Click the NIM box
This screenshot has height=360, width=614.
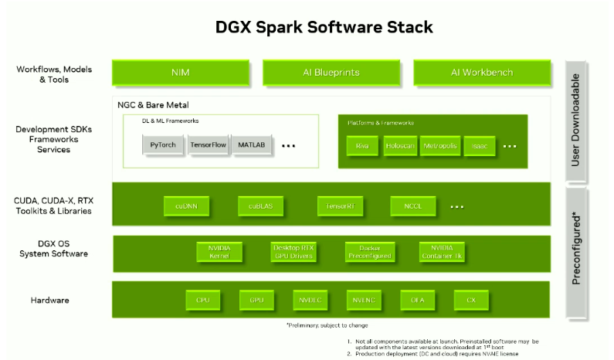[181, 73]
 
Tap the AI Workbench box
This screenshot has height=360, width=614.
[481, 73]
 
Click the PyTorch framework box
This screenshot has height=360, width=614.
[164, 144]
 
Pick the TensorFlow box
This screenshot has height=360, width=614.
[208, 144]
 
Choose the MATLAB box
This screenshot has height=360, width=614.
[252, 144]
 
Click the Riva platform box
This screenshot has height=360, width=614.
[361, 145]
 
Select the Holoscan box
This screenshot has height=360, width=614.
[400, 145]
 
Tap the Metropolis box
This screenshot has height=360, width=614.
[440, 145]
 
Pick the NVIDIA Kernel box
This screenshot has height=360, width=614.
[219, 252]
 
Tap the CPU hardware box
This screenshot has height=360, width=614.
[203, 300]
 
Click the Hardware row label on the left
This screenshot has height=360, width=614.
[53, 300]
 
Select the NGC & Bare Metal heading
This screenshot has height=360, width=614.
[153, 104]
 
